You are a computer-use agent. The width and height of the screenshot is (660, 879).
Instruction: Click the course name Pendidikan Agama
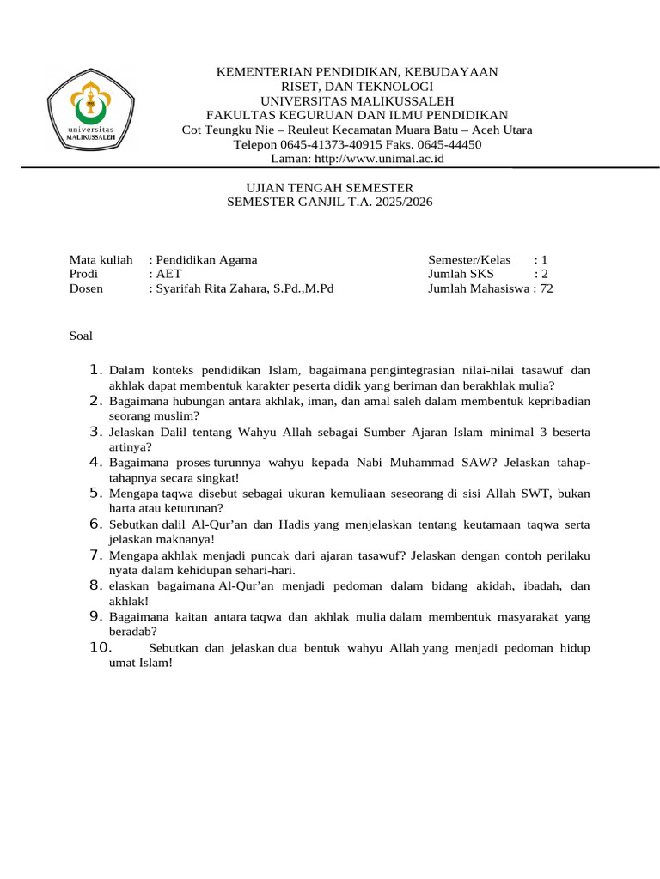point(205,259)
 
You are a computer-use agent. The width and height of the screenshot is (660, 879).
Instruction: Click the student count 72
point(547,288)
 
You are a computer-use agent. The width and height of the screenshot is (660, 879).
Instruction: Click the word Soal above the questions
point(81,336)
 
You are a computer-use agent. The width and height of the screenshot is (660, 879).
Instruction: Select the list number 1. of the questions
point(96,370)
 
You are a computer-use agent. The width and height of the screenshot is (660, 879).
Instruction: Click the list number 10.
point(101,648)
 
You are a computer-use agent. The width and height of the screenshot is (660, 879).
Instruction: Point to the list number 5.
point(96,493)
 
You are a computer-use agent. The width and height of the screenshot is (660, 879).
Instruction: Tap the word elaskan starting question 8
point(131,586)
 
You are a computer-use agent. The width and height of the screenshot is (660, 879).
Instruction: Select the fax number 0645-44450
point(451,144)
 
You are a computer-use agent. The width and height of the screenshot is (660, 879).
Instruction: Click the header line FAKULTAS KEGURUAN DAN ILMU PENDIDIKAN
point(357,115)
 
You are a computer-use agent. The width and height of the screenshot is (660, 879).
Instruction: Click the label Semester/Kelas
point(469,259)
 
